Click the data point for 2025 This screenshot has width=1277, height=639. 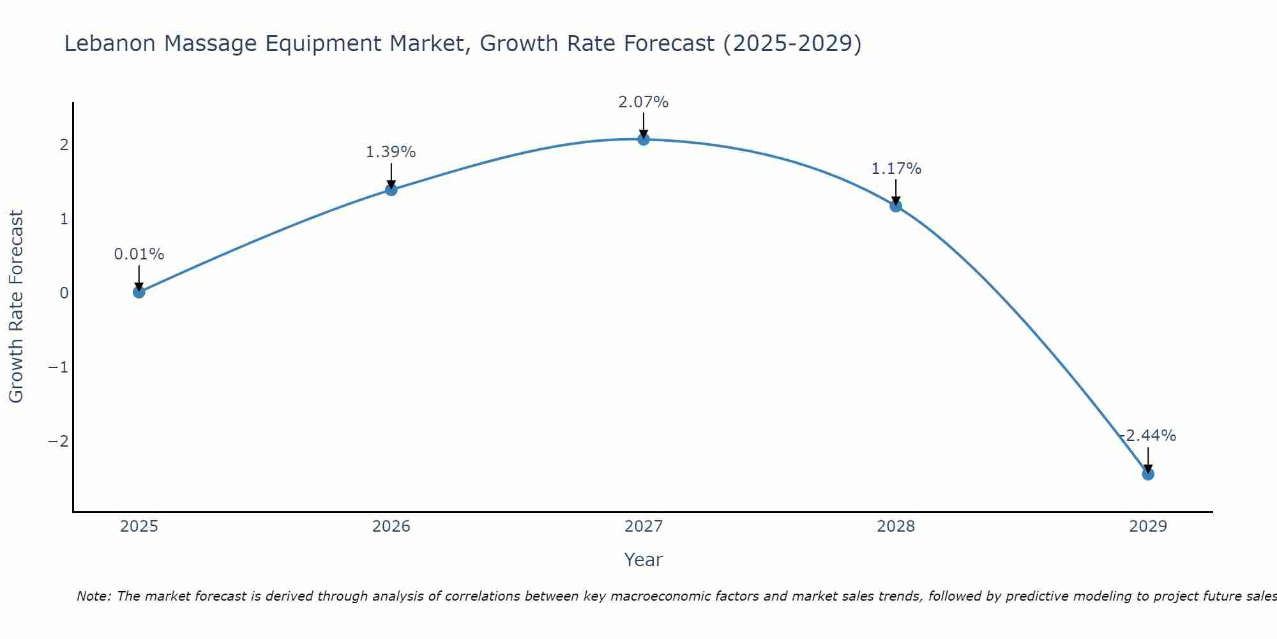click(x=139, y=292)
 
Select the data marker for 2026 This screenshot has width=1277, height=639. click(x=391, y=189)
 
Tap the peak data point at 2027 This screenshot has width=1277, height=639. click(x=644, y=139)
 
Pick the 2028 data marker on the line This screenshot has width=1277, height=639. click(x=896, y=206)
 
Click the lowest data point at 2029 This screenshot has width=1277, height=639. click(x=1148, y=473)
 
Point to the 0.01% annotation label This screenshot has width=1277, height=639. click(x=139, y=254)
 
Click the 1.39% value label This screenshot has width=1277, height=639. click(x=391, y=152)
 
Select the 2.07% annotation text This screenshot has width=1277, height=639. click(x=644, y=102)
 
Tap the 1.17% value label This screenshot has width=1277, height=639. click(x=896, y=169)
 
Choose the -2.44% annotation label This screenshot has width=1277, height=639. click(x=1148, y=436)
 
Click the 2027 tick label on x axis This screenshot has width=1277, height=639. click(x=644, y=527)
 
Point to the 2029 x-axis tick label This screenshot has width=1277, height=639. click(x=1148, y=527)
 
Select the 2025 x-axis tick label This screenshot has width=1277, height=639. click(x=139, y=527)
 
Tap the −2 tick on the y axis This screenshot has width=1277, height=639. click(x=58, y=442)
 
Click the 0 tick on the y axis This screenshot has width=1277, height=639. click(x=64, y=293)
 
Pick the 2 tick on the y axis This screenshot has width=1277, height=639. click(x=64, y=145)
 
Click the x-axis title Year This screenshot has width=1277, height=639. click(x=644, y=560)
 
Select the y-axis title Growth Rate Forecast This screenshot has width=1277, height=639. click(x=16, y=307)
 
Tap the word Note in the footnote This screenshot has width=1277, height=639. click(x=94, y=596)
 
